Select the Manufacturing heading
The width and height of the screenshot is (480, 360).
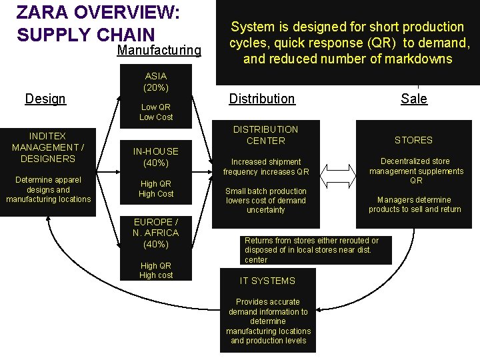click(159, 51)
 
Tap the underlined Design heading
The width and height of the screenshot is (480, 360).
click(45, 99)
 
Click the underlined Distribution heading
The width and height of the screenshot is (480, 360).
click(261, 99)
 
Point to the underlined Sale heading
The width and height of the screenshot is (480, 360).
click(413, 99)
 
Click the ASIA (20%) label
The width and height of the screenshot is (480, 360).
click(155, 81)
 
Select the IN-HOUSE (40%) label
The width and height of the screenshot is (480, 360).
click(155, 157)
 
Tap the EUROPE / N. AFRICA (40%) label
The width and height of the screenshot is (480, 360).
click(155, 233)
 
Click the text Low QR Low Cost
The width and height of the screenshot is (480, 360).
click(155, 112)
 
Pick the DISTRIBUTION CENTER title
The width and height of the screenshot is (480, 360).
click(265, 135)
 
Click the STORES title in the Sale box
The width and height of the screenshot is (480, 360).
click(413, 140)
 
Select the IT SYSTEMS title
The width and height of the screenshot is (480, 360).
click(267, 281)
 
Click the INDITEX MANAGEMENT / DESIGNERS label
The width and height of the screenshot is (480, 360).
click(47, 147)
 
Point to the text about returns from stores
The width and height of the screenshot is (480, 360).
click(311, 250)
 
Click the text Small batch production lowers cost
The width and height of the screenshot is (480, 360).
click(265, 200)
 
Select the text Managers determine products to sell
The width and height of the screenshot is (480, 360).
click(414, 205)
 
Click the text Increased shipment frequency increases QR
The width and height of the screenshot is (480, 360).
click(266, 167)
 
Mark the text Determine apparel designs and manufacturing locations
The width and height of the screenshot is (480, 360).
click(48, 189)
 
